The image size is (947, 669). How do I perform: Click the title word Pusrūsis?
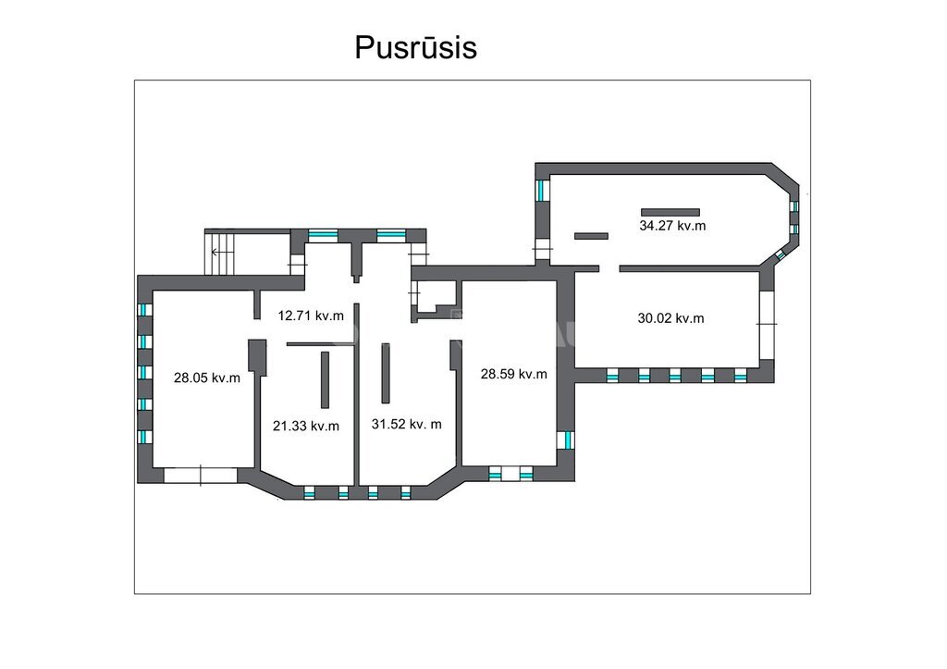415,48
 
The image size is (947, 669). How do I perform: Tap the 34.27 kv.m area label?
672,226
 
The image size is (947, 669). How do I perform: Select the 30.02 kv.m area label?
670,318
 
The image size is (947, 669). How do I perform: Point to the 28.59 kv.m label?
513,374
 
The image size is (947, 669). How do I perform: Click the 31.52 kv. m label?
407,424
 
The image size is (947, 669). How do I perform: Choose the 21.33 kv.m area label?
305,426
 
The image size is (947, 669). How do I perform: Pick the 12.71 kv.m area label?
311,316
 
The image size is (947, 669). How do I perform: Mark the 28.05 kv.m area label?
206,378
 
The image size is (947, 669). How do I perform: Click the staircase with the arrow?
219,253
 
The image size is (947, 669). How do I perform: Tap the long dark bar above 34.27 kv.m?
670,212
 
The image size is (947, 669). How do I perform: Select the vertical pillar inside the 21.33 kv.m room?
325,379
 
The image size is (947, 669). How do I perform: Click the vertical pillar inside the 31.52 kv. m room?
386,373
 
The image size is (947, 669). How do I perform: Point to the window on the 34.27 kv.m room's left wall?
543,191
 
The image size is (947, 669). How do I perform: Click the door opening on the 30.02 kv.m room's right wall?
767,325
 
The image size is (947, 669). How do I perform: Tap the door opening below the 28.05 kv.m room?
201,475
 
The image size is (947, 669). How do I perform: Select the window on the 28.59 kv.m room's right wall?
566,440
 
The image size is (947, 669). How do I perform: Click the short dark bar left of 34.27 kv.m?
591,236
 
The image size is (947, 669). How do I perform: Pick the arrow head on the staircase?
214,252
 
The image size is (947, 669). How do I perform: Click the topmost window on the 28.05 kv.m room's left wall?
145,310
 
